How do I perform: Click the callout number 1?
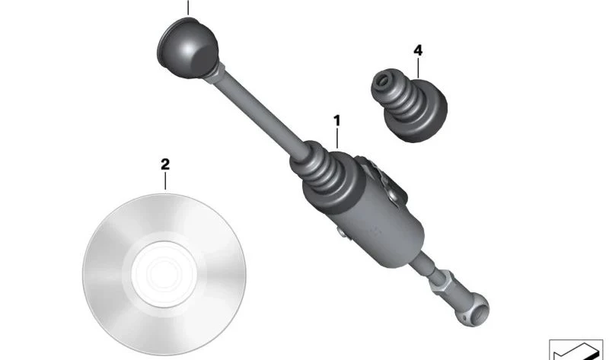tap(336, 121)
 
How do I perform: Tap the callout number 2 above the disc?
tap(165, 164)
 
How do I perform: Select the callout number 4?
tap(418, 50)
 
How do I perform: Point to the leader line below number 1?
tap(337, 139)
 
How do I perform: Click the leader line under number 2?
tap(165, 181)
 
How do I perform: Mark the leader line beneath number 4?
tap(418, 68)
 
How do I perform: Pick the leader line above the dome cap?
tap(188, 8)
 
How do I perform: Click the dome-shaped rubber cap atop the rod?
tap(188, 48)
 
